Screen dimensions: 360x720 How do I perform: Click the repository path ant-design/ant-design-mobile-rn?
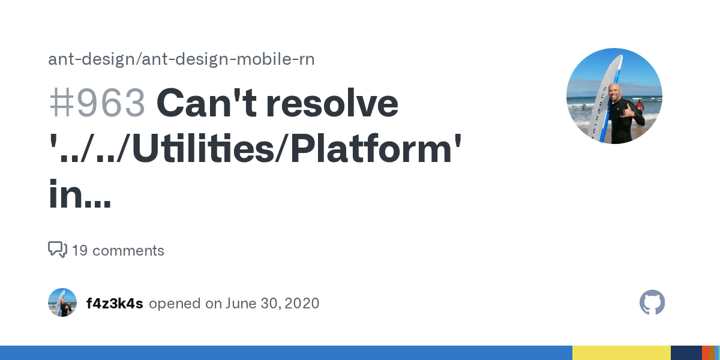[181, 59]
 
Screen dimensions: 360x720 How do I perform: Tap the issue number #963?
[97, 103]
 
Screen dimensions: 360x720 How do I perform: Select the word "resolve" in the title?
[332, 103]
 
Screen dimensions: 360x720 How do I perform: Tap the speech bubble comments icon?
[57, 249]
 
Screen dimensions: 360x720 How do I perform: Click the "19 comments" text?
[118, 250]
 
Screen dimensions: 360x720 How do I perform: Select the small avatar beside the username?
[62, 302]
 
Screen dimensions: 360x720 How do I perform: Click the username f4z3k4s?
[115, 303]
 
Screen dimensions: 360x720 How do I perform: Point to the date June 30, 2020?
[272, 303]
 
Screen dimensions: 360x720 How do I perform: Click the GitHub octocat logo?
[652, 302]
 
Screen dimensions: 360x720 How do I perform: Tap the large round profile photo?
[614, 96]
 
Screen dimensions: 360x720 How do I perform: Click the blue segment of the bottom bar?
[286, 353]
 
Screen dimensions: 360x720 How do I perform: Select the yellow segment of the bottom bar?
[621, 353]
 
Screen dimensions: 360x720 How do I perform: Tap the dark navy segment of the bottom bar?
[686, 353]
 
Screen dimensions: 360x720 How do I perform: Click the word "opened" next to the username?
[175, 303]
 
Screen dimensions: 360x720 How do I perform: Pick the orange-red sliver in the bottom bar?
[706, 353]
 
